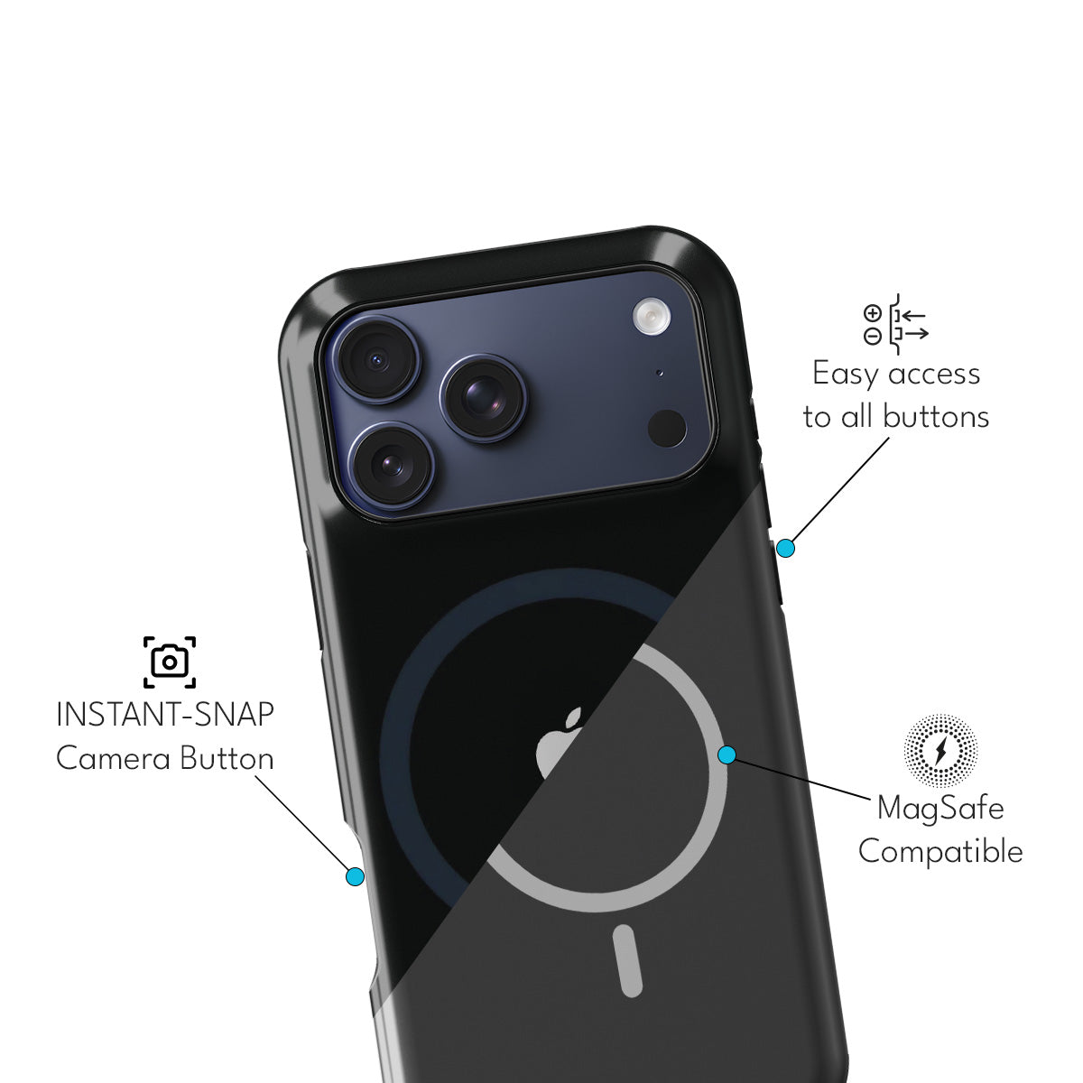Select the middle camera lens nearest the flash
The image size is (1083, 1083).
pyautogui.click(x=484, y=397)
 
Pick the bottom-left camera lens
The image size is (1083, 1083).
pyautogui.click(x=391, y=465)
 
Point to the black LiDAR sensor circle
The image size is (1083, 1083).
pyautogui.click(x=668, y=428)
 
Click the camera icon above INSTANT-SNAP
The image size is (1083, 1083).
pyautogui.click(x=170, y=662)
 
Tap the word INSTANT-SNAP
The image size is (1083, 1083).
pyautogui.click(x=164, y=715)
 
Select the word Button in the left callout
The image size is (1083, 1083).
pyautogui.click(x=226, y=758)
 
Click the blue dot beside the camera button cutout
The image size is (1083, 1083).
pyautogui.click(x=356, y=875)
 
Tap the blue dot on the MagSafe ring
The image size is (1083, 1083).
pyautogui.click(x=727, y=754)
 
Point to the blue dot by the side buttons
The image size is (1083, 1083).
pyautogui.click(x=785, y=548)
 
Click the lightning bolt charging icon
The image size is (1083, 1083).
pyautogui.click(x=941, y=750)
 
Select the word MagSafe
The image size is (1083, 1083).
pyautogui.click(x=940, y=808)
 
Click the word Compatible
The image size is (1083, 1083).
pyautogui.click(x=940, y=851)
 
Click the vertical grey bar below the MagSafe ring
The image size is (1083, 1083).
pyautogui.click(x=628, y=960)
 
